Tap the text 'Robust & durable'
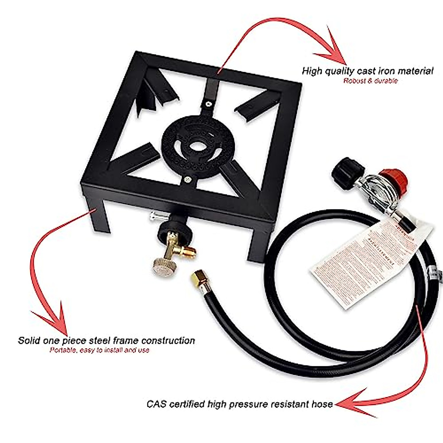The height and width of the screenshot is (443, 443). pyautogui.click(x=370, y=81)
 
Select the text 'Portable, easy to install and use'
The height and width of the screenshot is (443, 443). pyautogui.click(x=99, y=350)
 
